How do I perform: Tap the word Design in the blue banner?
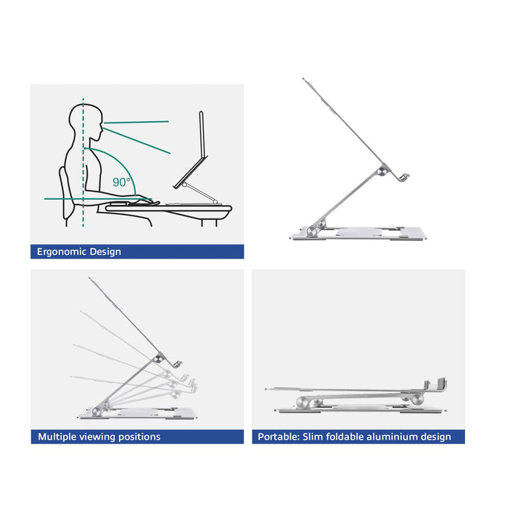[x=105, y=252]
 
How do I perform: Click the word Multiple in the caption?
[x=58, y=437]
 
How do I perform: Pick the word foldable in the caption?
[x=342, y=437]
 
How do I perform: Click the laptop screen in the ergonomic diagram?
[x=201, y=146]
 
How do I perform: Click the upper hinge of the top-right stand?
[x=382, y=172]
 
